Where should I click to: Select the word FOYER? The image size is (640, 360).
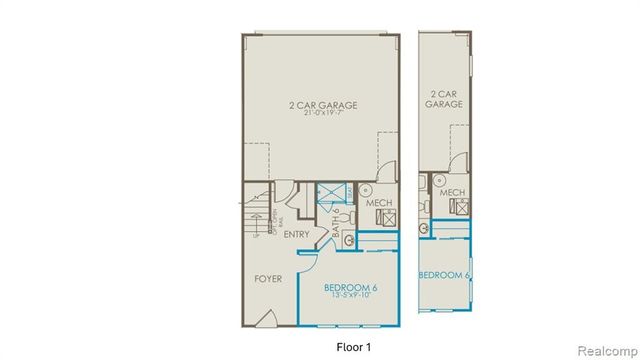pyautogui.click(x=267, y=280)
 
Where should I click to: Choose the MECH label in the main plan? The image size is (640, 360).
pyautogui.click(x=380, y=203)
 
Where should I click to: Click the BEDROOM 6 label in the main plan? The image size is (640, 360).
pyautogui.click(x=349, y=287)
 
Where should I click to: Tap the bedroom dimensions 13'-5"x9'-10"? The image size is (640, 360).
pyautogui.click(x=349, y=297)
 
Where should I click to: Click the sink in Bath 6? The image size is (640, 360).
pyautogui.click(x=349, y=240)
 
